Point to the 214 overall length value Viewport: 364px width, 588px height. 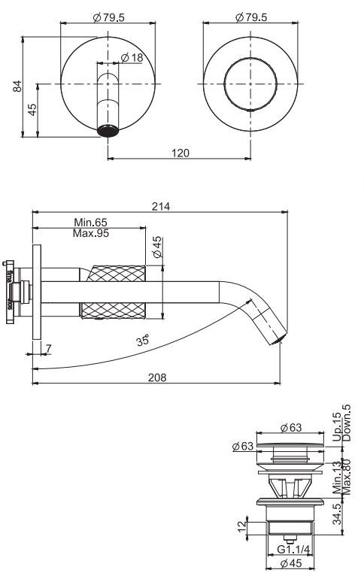pyautogui.click(x=160, y=206)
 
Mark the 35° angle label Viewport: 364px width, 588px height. pyautogui.click(x=142, y=340)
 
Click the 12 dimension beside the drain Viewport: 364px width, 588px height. pyautogui.click(x=241, y=526)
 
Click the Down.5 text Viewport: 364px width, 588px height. pyautogui.click(x=347, y=423)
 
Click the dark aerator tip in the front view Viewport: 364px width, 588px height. pyautogui.click(x=110, y=130)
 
